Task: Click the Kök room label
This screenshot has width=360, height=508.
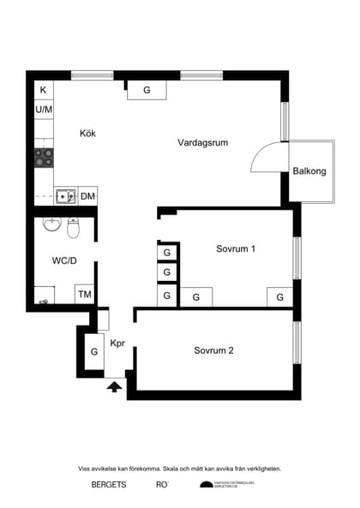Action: click(x=87, y=134)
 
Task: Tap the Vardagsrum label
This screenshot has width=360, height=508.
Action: click(x=202, y=142)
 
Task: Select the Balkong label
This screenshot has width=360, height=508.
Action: click(x=309, y=171)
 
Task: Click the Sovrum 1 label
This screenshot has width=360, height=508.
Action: click(x=237, y=249)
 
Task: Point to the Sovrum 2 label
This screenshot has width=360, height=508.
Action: click(x=213, y=350)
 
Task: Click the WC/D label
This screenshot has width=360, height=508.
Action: click(x=64, y=260)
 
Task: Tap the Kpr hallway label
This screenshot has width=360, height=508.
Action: click(x=117, y=344)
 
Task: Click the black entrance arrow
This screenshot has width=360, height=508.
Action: click(x=114, y=386)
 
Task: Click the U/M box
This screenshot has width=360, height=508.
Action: click(x=43, y=110)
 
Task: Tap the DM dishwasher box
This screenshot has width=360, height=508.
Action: click(x=87, y=196)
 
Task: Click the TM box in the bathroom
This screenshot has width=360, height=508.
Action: click(x=85, y=295)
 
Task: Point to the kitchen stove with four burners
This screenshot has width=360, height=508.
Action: click(x=44, y=157)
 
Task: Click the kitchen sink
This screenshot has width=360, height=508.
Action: click(x=65, y=196)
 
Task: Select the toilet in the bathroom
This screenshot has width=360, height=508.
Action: click(x=74, y=229)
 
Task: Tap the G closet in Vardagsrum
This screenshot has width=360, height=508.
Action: click(x=147, y=90)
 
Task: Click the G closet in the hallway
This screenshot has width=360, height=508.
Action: click(x=93, y=352)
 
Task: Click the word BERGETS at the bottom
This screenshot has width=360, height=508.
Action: click(x=109, y=485)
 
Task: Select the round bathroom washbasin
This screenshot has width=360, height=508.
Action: click(x=52, y=226)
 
